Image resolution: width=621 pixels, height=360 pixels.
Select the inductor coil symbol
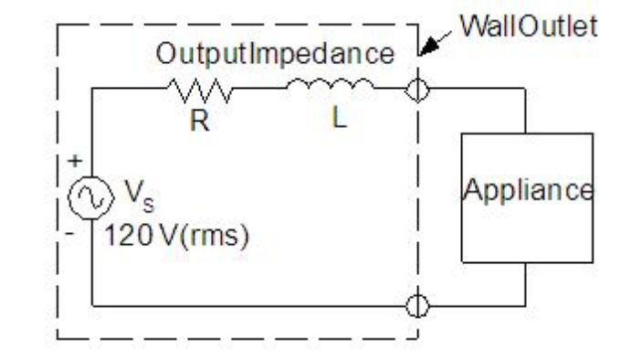pyautogui.click(x=330, y=87)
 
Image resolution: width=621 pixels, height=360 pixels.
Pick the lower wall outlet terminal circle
pyautogui.click(x=418, y=305)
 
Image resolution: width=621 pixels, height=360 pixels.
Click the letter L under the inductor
pyautogui.click(x=338, y=121)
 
